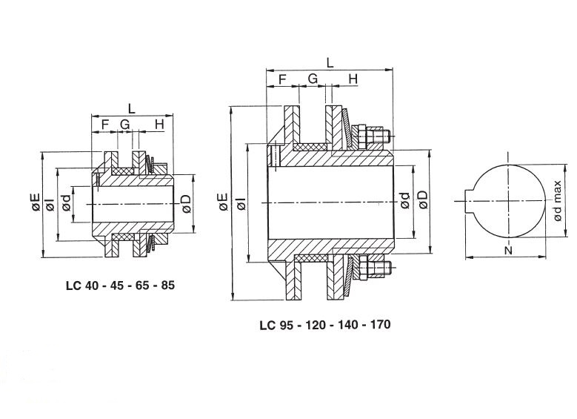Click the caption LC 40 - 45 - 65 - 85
[120, 286]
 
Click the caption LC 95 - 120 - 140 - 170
[325, 325]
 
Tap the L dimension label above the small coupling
[131, 108]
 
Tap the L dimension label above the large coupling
[330, 62]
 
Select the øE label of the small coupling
[36, 203]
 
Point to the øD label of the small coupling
[187, 204]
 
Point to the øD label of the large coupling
[423, 199]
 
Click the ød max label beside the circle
[558, 201]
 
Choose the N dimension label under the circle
[508, 251]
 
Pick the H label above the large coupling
[353, 79]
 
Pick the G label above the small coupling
[125, 125]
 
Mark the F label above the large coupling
[282, 79]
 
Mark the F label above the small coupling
[105, 125]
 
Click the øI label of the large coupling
[241, 203]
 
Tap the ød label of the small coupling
[66, 203]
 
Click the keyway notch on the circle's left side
[470, 201]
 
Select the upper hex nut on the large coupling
[359, 136]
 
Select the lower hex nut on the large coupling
[359, 268]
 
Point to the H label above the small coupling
[159, 125]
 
